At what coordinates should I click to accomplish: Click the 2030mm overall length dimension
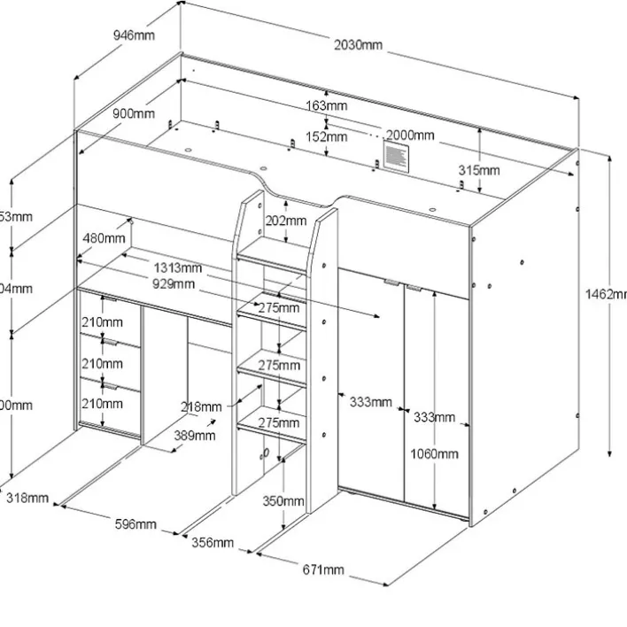point(359,45)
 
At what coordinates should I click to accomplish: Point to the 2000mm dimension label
point(409,135)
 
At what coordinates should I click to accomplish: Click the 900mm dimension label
point(134,113)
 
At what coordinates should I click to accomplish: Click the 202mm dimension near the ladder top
point(286,221)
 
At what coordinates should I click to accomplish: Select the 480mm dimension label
point(104,237)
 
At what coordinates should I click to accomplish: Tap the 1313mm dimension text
point(178,268)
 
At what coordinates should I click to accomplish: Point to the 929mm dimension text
point(173,283)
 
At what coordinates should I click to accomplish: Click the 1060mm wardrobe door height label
point(435,454)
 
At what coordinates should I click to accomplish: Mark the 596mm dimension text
point(135,524)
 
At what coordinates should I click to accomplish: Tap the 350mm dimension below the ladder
point(283,501)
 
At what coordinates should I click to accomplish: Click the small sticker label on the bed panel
point(394,158)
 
